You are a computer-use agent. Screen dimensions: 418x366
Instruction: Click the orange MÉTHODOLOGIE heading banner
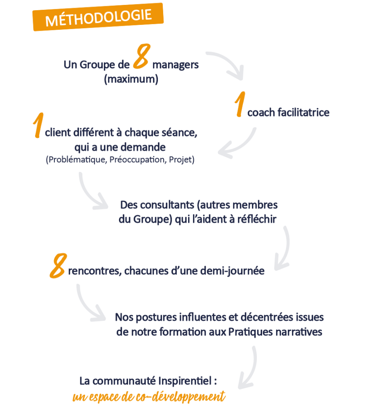pos(98,17)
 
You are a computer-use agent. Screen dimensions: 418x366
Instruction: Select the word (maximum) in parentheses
pos(131,79)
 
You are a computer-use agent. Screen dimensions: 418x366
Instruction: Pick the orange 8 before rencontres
pos(58,266)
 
